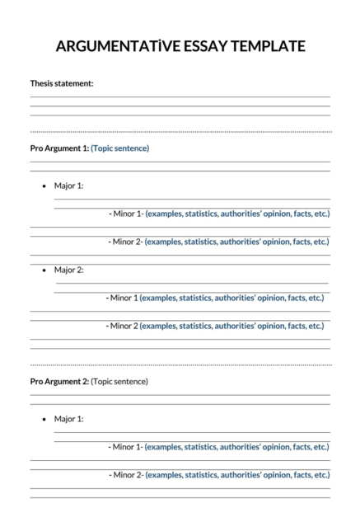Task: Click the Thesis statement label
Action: tap(62, 83)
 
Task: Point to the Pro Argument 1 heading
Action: tap(59, 148)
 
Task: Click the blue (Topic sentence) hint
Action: tap(120, 148)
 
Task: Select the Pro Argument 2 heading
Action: tap(59, 382)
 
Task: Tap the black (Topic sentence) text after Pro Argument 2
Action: tap(119, 382)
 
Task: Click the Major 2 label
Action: tap(69, 270)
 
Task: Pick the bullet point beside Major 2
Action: tap(44, 270)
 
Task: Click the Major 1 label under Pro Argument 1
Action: tap(69, 186)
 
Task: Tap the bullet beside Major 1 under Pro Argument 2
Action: tap(44, 420)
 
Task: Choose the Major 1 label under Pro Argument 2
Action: tap(69, 419)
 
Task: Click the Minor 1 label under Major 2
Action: tap(123, 298)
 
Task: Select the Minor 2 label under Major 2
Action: tap(123, 326)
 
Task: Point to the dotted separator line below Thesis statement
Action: tap(180, 131)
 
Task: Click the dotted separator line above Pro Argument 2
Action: tap(180, 364)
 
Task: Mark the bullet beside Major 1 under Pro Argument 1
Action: tap(44, 186)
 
